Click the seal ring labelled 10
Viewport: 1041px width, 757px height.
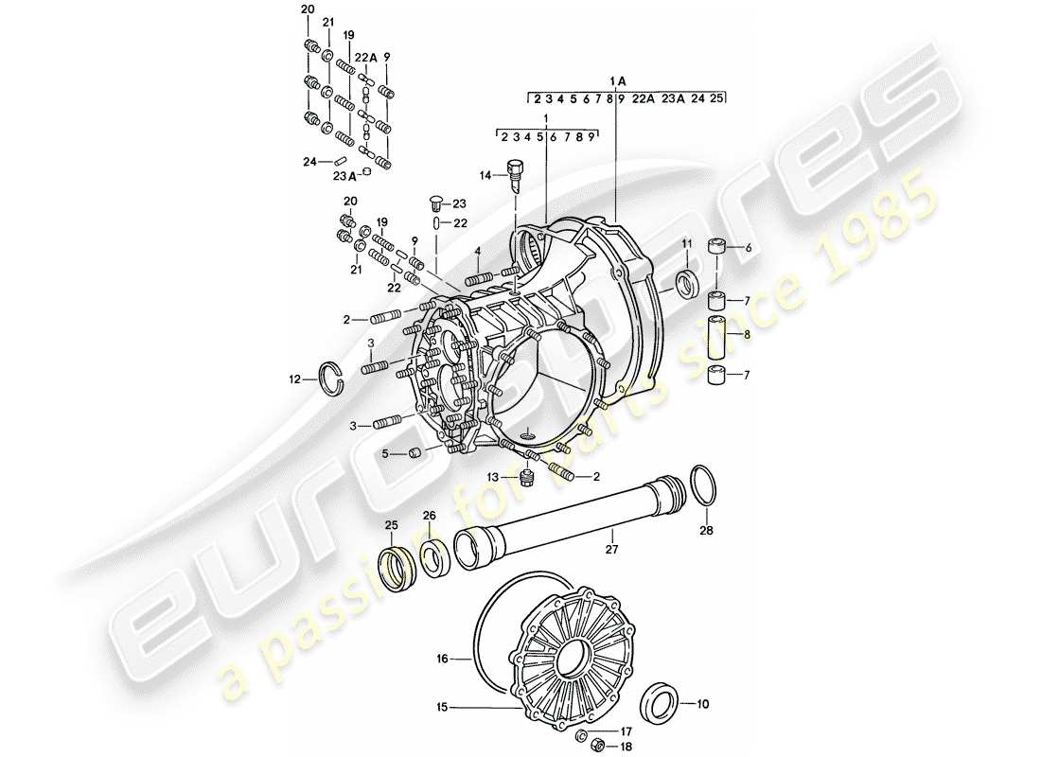click(x=661, y=704)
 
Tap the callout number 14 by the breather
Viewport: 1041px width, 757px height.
click(x=486, y=176)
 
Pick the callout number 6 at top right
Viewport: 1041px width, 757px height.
click(x=748, y=248)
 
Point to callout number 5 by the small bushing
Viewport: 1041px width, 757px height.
click(x=386, y=453)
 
